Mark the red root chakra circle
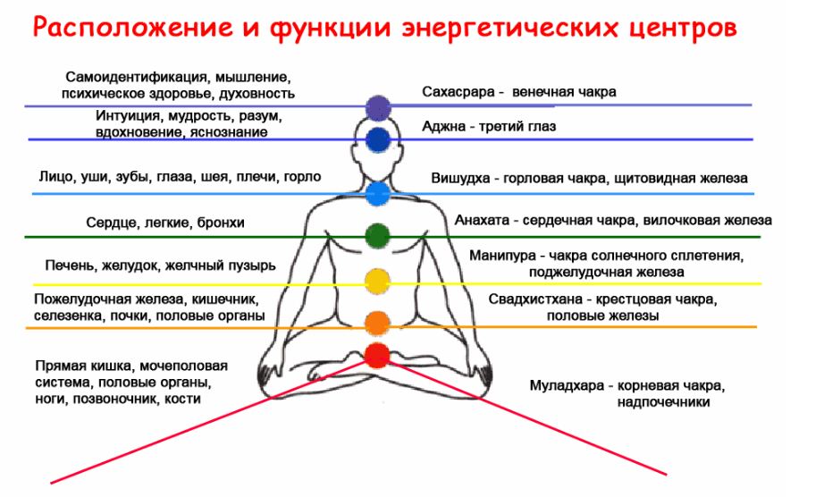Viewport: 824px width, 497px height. click(x=378, y=356)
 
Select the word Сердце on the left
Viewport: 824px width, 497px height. click(x=109, y=223)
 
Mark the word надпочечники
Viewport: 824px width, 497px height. click(x=663, y=402)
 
